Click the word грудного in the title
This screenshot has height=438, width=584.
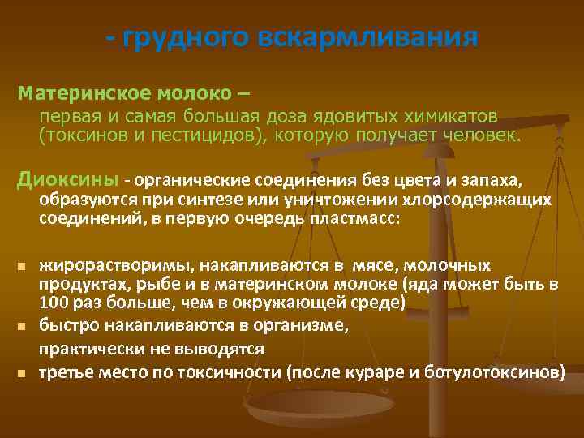click(182, 38)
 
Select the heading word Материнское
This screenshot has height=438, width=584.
click(71, 92)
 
